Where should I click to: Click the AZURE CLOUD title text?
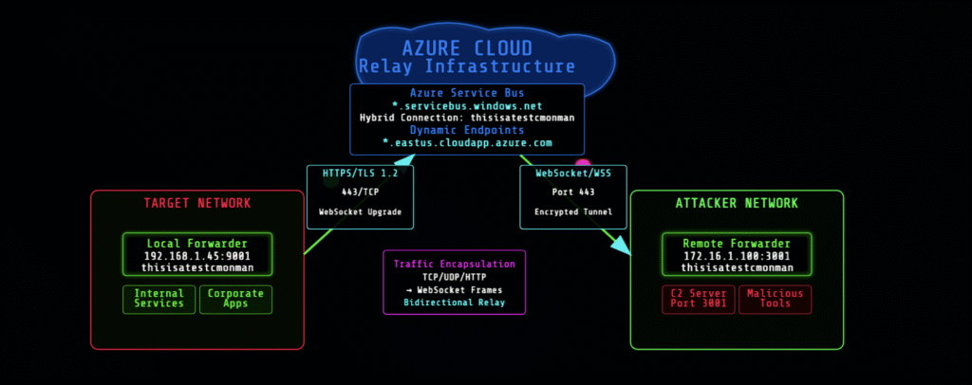(466, 48)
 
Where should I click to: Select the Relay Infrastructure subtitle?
(466, 67)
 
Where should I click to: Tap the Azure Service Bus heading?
(466, 93)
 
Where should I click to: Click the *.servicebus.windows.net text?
(466, 105)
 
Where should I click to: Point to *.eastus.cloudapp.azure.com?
(466, 142)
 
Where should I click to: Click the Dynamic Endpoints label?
(466, 130)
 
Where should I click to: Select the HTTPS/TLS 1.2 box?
(360, 196)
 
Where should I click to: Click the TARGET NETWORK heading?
(196, 204)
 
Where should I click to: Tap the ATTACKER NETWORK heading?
(737, 204)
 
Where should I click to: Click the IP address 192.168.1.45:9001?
(196, 256)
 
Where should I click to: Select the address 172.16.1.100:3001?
(737, 256)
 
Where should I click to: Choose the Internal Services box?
(159, 299)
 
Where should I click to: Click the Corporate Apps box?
(235, 299)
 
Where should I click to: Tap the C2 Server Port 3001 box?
(698, 299)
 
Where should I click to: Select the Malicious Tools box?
(776, 299)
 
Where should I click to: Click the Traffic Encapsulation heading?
(454, 264)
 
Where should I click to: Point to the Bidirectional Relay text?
(454, 302)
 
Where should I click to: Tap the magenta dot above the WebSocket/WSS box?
(582, 165)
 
